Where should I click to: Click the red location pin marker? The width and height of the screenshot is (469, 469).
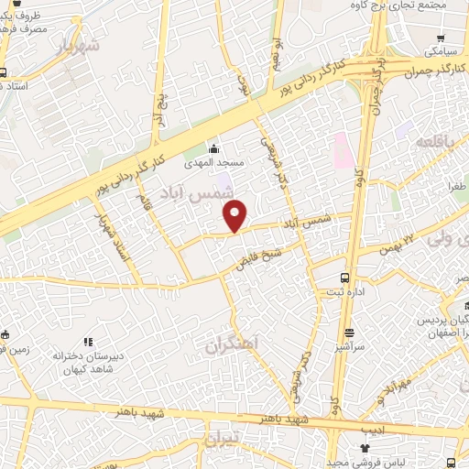236,213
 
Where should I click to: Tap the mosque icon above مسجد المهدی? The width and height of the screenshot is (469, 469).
214,148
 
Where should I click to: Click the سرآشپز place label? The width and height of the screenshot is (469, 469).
348,348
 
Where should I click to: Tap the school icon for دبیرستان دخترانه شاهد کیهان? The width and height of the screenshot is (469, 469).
87,341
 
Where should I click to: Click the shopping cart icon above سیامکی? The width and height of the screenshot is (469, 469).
442,38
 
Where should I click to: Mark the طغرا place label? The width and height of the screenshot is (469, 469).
455,187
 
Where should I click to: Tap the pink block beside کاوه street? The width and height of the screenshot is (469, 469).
341,150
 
